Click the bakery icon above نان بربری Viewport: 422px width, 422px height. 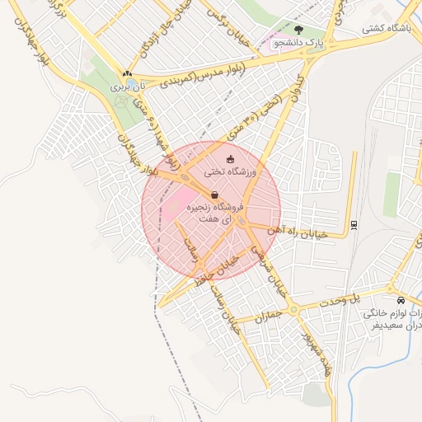[x=126, y=73]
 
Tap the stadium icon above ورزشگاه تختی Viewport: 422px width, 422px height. [x=230, y=159]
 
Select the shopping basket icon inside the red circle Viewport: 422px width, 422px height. [x=214, y=195]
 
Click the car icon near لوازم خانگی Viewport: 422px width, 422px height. [x=401, y=300]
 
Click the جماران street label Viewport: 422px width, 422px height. [x=268, y=316]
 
